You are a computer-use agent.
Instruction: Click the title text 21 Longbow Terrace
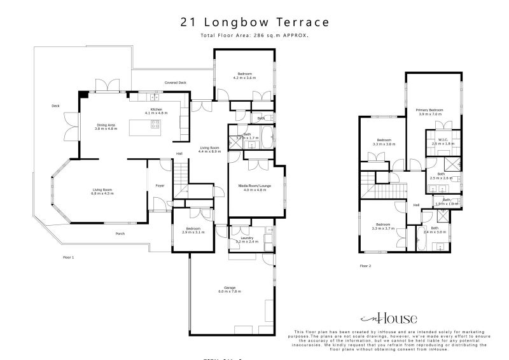[254, 22]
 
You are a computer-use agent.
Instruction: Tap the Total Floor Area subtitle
[254, 36]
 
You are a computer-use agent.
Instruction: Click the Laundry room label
[247, 240]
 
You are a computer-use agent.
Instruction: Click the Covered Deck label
[175, 83]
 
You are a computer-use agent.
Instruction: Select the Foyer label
[160, 186]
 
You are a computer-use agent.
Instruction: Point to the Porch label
[120, 233]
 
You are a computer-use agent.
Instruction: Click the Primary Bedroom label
[430, 112]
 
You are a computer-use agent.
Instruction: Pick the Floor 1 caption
[69, 258]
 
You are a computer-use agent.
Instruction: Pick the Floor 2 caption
[365, 265]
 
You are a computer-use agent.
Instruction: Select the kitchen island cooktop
[155, 125]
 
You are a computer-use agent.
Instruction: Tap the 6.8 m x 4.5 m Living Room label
[103, 191]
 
